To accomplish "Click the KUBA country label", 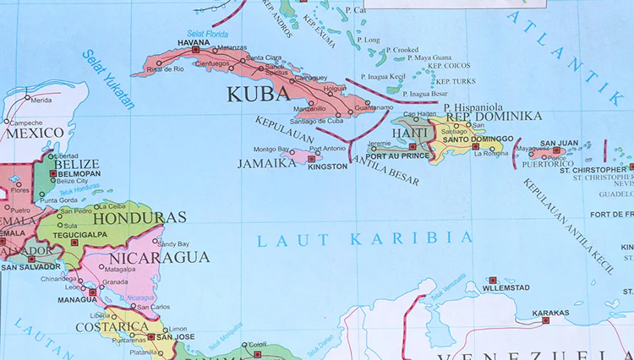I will pos(256,94).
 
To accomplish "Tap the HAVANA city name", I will pos(193,42).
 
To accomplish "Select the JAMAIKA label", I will pos(267,163).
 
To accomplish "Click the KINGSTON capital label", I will pos(329,166).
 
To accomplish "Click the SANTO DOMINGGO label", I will pos(478,138).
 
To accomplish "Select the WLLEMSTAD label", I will pos(506,287).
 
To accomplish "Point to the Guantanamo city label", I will pos(373,107).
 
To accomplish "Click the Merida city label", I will pos(41,100).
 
